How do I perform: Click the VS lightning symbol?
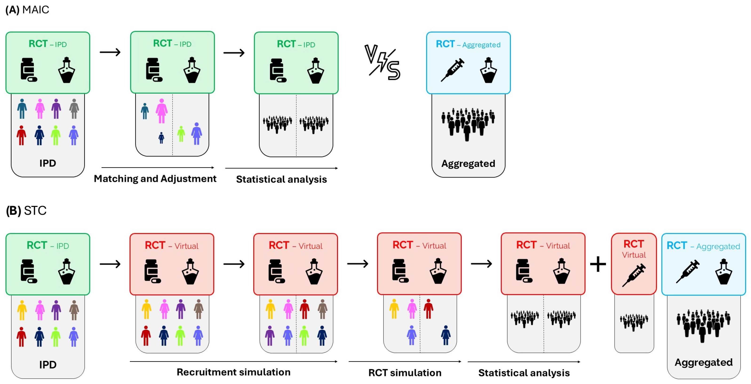[x=382, y=62]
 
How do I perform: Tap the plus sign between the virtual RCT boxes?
[x=598, y=264]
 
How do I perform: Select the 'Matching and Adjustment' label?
[x=155, y=178]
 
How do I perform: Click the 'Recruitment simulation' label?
[x=234, y=372]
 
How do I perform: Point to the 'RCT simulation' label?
[x=405, y=373]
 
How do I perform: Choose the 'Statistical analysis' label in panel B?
[x=524, y=373]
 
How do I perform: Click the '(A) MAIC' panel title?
[x=27, y=10]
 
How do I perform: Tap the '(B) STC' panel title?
[x=26, y=210]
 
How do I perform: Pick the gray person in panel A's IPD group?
[x=74, y=109]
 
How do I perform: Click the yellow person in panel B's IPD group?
[x=22, y=310]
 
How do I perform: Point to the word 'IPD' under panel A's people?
[x=48, y=163]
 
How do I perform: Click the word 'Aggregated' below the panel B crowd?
[x=703, y=362]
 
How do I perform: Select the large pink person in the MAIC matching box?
[x=162, y=111]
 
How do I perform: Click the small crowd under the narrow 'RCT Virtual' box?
[x=634, y=322]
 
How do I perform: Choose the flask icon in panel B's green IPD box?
[x=67, y=271]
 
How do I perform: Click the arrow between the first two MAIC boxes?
[x=110, y=52]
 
